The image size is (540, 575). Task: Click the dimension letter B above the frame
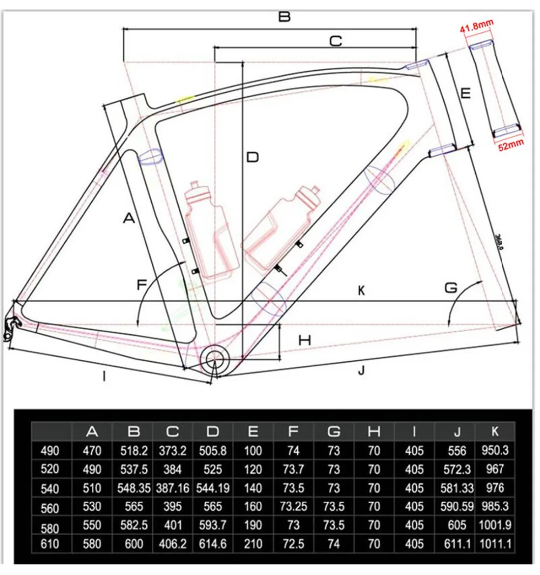(284, 16)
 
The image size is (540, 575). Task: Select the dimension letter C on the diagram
(335, 40)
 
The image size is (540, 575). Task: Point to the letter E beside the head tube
(465, 93)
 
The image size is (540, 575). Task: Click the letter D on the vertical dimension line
(252, 158)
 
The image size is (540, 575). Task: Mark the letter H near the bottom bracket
(305, 340)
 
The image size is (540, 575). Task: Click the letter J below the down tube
(362, 370)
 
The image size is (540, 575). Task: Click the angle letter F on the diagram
(143, 284)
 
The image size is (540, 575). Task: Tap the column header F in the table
(293, 431)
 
